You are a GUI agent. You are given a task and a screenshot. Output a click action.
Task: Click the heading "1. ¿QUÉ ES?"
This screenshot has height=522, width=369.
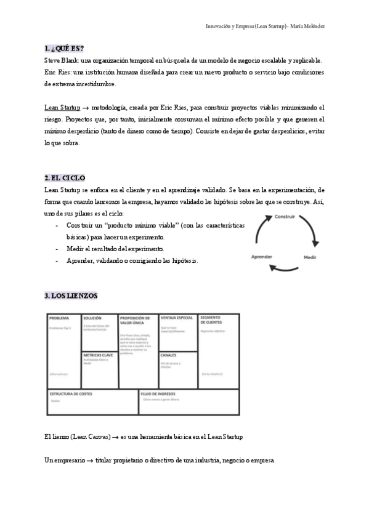(x=64, y=48)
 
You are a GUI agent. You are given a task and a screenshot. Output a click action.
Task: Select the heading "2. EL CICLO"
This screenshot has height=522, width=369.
(x=65, y=178)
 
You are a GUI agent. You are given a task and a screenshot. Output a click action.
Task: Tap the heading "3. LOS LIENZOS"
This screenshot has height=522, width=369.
(x=71, y=295)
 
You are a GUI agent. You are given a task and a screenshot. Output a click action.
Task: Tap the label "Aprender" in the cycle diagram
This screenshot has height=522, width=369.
(x=262, y=256)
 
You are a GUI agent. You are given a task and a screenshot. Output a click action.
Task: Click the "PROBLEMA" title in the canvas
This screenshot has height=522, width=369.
(x=60, y=318)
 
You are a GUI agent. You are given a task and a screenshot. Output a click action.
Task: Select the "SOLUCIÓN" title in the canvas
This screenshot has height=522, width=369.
(x=92, y=318)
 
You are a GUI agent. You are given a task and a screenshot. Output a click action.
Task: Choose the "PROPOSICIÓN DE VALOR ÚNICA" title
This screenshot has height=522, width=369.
(x=134, y=321)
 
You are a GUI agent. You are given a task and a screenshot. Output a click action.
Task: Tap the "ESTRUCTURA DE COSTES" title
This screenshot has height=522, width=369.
(x=71, y=392)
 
